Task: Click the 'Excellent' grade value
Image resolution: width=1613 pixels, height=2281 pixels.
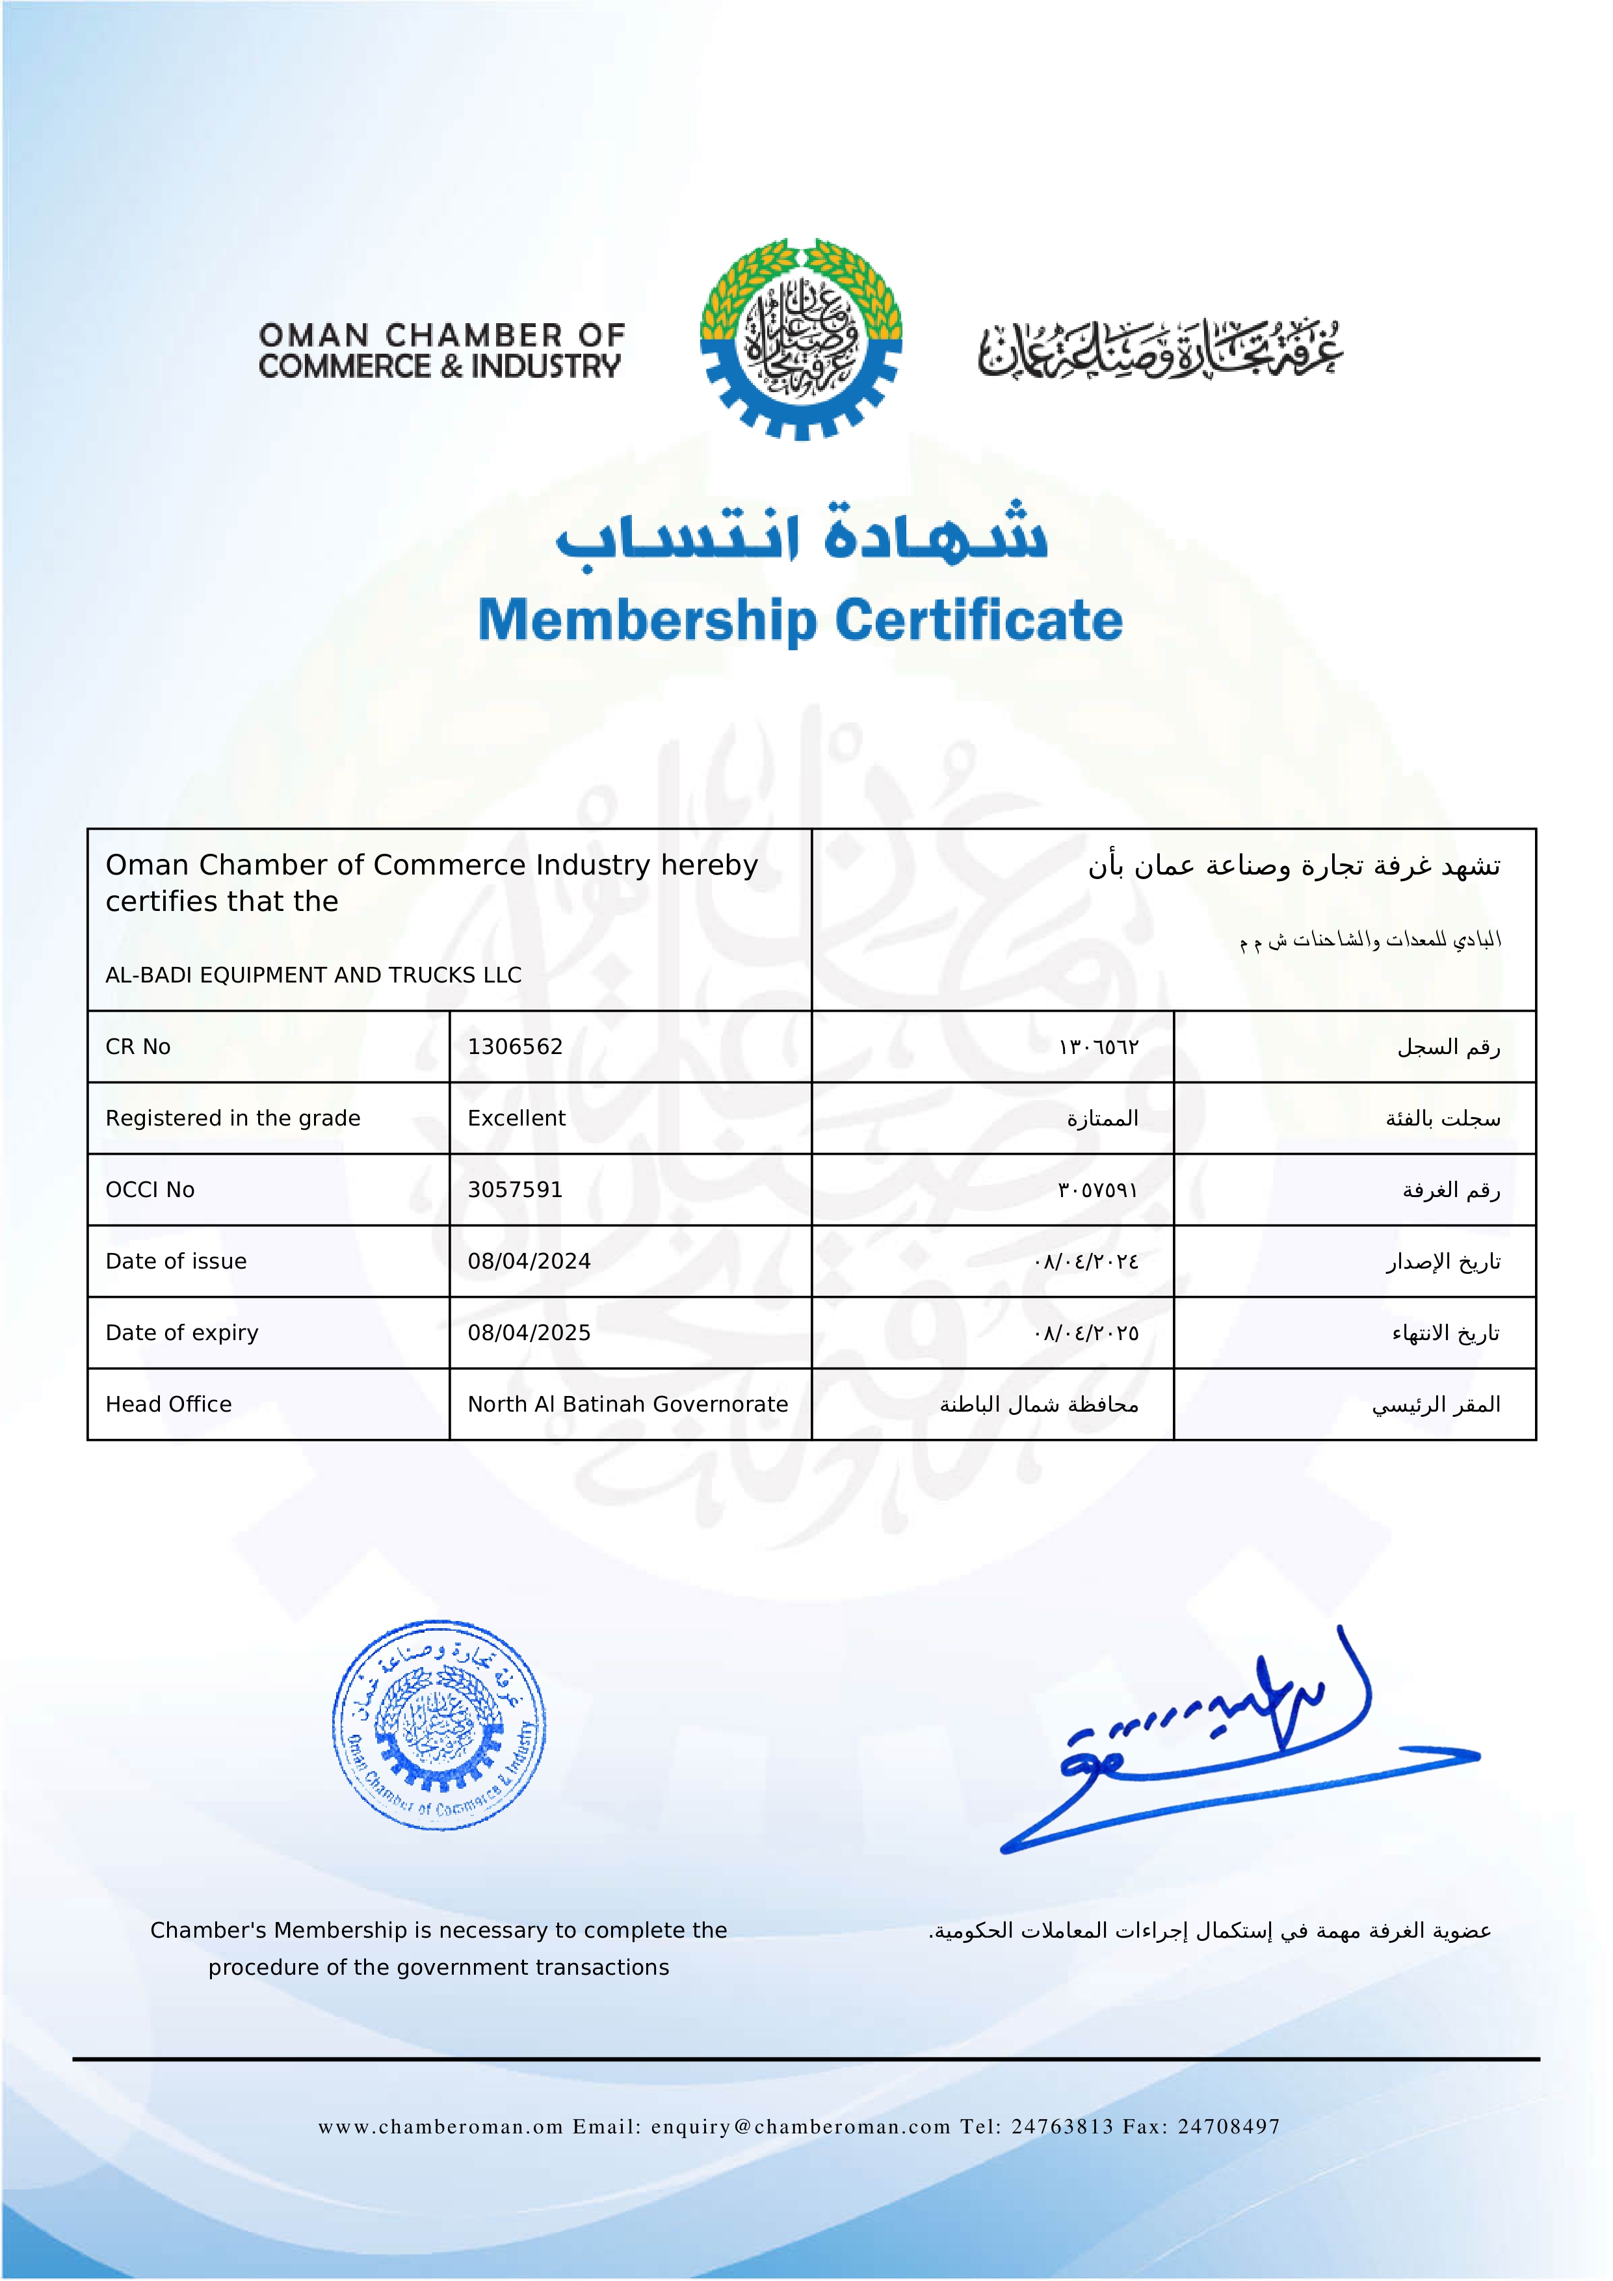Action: click(x=516, y=1118)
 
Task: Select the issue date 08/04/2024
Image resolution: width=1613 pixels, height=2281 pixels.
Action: click(x=529, y=1261)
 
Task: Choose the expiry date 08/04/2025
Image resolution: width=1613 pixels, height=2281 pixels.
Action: click(x=529, y=1332)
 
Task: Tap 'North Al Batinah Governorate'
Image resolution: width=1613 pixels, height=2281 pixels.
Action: click(x=628, y=1404)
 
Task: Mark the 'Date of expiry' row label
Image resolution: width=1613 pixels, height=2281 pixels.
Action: click(x=182, y=1332)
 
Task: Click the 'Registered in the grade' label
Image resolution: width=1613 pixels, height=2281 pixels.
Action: click(x=232, y=1118)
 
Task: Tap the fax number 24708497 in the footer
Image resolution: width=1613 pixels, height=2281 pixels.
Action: click(x=1229, y=2126)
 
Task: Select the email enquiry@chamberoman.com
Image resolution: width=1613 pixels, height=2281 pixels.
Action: click(x=800, y=2126)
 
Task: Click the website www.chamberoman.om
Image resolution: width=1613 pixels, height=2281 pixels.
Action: click(x=441, y=2126)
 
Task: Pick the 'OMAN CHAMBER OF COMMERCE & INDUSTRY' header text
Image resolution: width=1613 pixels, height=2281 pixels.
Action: click(x=440, y=350)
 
